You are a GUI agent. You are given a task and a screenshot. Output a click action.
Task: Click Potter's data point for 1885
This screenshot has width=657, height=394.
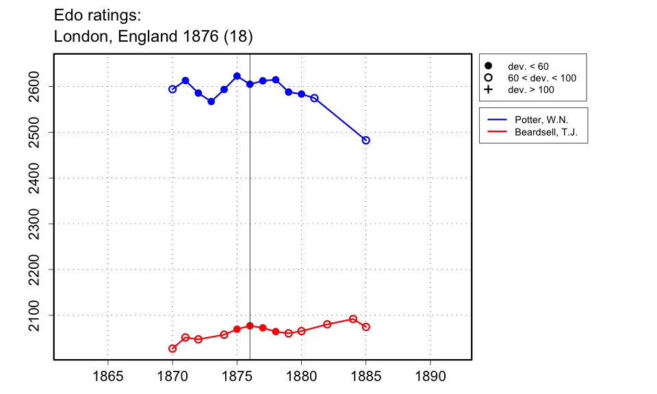tap(366, 140)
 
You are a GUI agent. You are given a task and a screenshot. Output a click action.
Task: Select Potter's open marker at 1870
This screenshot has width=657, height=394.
tap(172, 89)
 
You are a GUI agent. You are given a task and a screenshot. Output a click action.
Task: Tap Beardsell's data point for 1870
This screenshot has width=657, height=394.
tap(172, 348)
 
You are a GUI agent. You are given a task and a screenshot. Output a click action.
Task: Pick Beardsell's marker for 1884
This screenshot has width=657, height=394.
tap(353, 319)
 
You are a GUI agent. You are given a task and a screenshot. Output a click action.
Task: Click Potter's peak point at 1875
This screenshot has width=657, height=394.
tap(237, 76)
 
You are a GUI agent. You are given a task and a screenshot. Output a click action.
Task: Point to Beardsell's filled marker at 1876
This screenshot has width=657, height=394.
tap(250, 326)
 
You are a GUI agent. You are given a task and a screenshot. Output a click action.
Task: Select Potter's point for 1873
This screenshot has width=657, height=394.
tap(211, 101)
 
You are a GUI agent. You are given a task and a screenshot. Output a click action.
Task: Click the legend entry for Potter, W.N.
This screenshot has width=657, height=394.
tap(541, 120)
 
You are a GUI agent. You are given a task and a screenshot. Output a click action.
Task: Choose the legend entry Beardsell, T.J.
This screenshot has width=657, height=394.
tap(545, 133)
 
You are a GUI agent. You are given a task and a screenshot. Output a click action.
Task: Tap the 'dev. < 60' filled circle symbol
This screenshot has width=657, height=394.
tap(489, 66)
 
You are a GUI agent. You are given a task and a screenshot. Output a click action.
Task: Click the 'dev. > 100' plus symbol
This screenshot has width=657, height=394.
tap(489, 90)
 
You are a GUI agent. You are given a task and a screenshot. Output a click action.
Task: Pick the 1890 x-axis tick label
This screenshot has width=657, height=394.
tap(430, 376)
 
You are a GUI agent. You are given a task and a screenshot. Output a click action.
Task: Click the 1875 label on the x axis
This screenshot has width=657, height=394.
tap(237, 376)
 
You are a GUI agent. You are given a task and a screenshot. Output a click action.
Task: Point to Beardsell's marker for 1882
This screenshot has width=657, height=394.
tap(327, 324)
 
